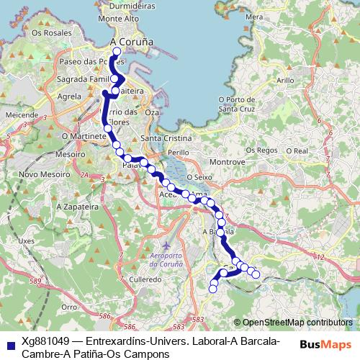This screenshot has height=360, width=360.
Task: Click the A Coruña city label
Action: click(132, 42)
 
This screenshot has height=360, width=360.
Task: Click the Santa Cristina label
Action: click(166, 138)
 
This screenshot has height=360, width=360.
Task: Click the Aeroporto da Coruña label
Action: click(166, 261)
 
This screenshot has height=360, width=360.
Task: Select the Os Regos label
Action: click(261, 150)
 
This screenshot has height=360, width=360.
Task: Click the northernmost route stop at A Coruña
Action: click(117, 52)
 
